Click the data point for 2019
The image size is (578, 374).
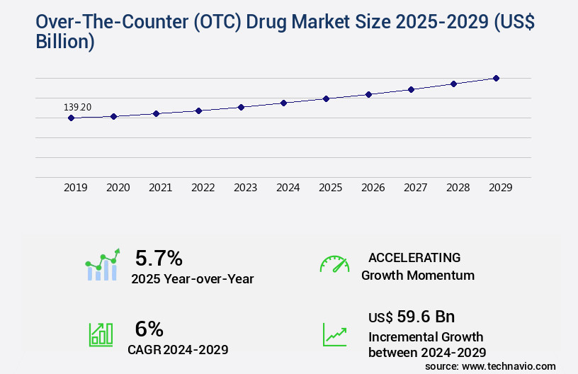71,118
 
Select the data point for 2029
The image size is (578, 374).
496,78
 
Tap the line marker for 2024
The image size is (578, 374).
283,103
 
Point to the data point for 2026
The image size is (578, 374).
368,94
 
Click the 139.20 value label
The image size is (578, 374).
77,107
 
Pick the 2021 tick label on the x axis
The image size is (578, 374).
160,188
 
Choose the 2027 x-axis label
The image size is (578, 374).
415,188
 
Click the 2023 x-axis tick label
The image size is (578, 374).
245,188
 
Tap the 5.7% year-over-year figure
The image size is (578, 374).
159,258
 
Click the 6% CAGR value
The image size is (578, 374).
149,329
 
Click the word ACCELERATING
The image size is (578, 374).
414,258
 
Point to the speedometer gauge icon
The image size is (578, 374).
334,264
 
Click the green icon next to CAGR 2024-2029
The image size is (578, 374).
101,334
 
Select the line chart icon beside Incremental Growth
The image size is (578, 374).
334,334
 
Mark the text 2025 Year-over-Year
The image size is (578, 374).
192,279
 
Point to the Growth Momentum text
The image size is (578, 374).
418,276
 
